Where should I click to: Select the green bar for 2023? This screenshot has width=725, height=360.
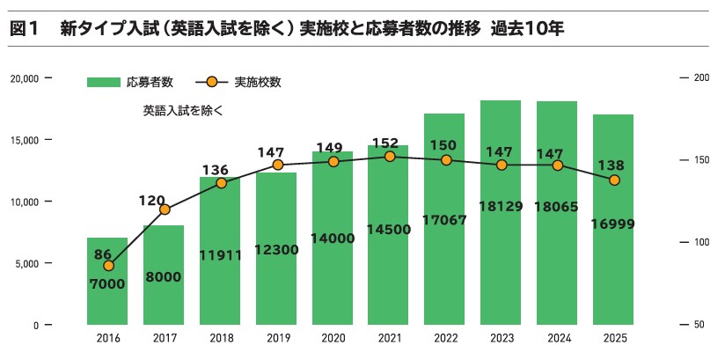point(502,264)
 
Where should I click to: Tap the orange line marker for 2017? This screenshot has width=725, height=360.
point(165,209)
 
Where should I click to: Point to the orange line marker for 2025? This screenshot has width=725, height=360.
point(614,180)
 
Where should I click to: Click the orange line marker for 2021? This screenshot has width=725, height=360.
point(390,157)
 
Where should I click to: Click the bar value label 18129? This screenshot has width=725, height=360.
point(502,207)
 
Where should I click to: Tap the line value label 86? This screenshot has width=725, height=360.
point(103,254)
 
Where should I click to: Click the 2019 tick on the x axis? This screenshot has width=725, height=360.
point(277,338)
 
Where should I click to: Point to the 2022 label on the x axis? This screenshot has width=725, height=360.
point(445,338)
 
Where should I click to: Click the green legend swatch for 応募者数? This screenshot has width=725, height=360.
point(103,83)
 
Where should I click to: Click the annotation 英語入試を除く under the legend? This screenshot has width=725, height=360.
point(183,111)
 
